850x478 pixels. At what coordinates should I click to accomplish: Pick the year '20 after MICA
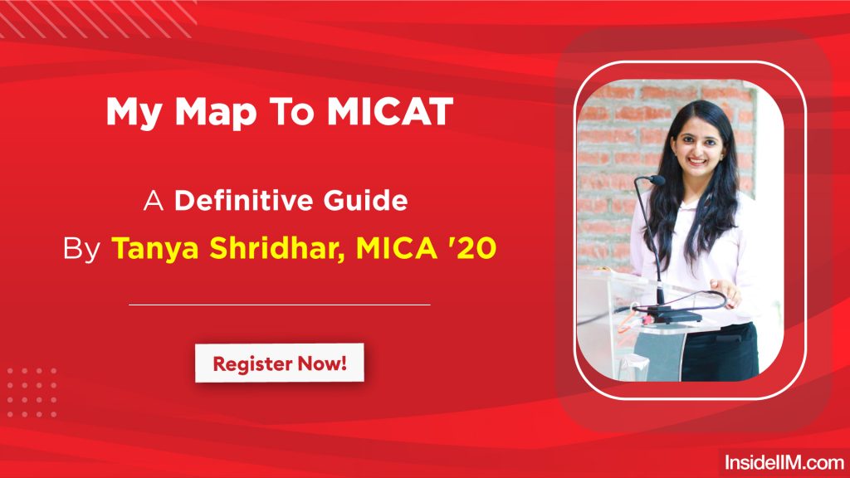tap(474, 246)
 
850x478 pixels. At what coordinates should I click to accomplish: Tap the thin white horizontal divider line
tap(279, 305)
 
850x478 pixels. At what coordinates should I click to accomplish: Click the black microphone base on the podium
tap(668, 315)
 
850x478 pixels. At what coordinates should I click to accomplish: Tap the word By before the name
tap(81, 247)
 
